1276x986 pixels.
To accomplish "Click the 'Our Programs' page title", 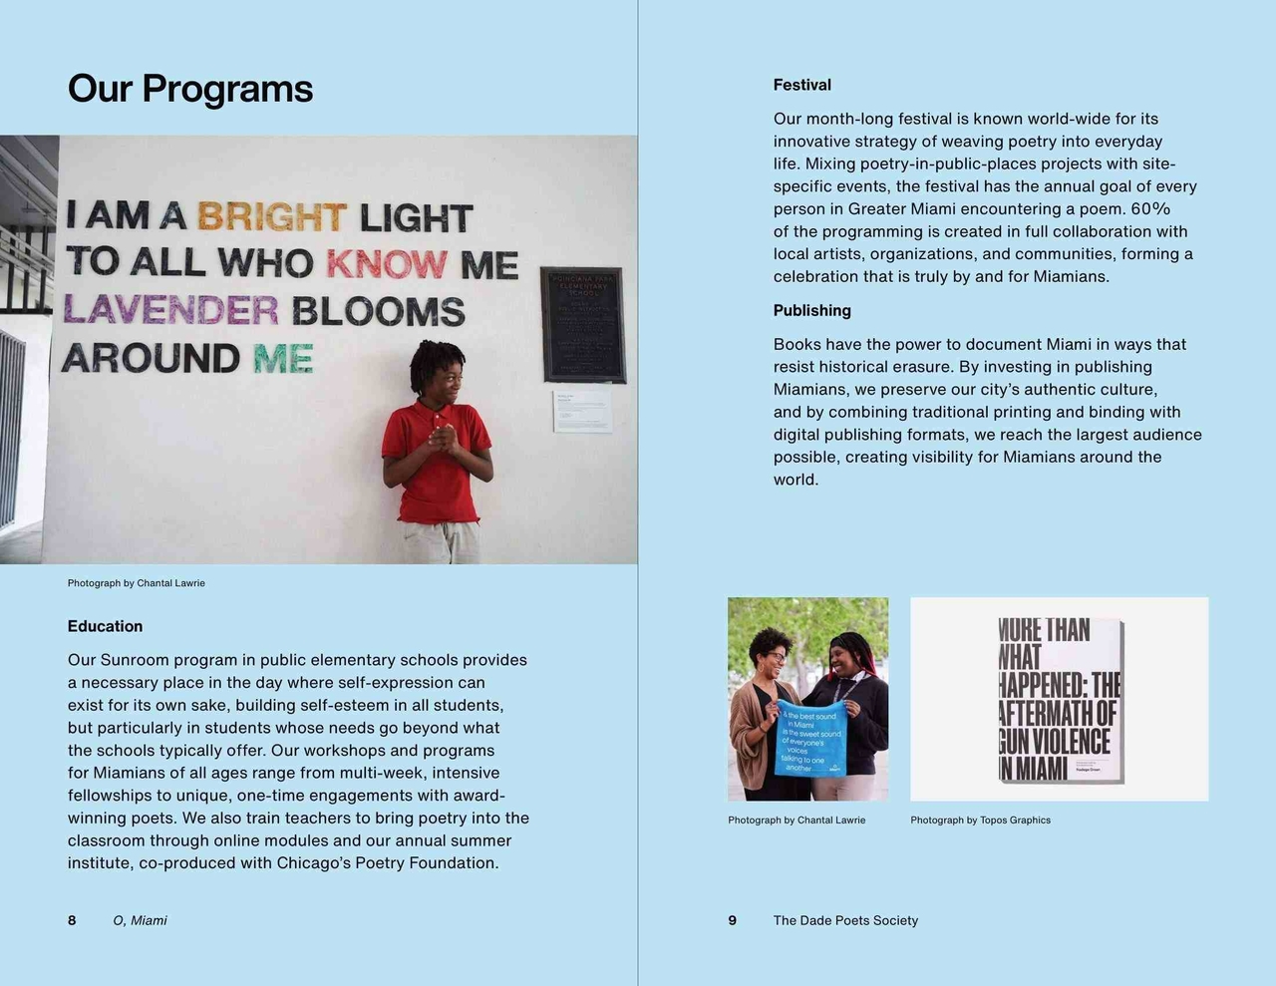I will click(189, 89).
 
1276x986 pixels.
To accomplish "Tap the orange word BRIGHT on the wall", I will click(271, 216).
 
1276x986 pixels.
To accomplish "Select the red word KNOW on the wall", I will click(386, 263).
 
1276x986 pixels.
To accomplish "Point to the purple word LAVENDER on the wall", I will click(170, 310).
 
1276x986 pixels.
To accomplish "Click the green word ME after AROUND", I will click(283, 358).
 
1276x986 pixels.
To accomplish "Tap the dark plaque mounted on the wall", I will click(583, 325).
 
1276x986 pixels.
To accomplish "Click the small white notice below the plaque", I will click(582, 411).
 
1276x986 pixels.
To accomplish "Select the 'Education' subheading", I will click(105, 626).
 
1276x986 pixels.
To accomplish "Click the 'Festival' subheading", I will click(801, 85).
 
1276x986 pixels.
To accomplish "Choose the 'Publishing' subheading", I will click(811, 310).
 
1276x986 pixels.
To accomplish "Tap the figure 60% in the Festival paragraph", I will click(1150, 208).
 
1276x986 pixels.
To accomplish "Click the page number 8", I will click(72, 920).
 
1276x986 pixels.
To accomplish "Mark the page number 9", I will click(733, 920).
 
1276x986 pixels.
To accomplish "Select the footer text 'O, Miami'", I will click(140, 920).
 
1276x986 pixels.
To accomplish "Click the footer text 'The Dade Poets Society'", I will click(845, 920).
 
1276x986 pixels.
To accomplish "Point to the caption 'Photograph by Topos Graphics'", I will click(980, 821).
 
